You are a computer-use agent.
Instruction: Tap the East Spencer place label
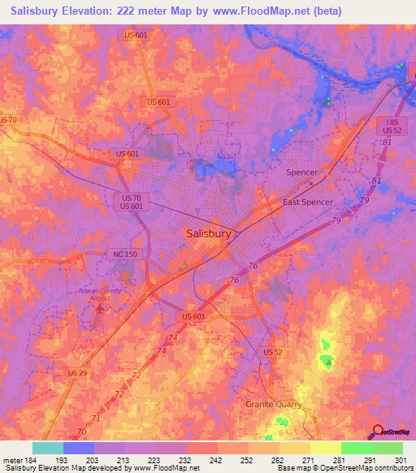click(306, 202)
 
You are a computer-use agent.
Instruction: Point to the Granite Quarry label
click(274, 404)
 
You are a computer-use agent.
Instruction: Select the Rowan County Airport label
click(100, 294)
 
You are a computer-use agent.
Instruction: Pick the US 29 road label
click(78, 372)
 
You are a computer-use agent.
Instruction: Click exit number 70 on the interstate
click(81, 431)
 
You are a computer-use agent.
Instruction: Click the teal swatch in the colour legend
click(47, 449)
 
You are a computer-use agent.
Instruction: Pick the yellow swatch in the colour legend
click(325, 449)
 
